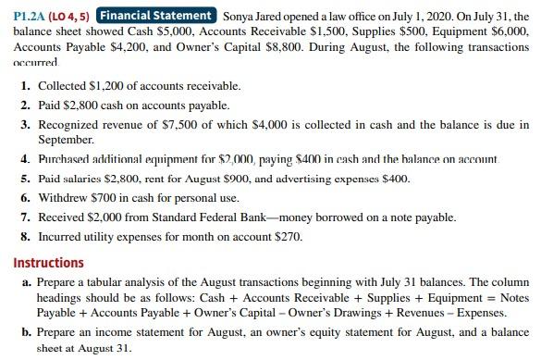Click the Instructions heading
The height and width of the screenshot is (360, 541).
click(46, 262)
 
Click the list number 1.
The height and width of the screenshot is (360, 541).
click(23, 85)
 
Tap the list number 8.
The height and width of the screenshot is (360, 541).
click(23, 236)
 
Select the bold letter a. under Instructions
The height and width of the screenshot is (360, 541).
click(24, 282)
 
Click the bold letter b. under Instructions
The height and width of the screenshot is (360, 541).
click(24, 331)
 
